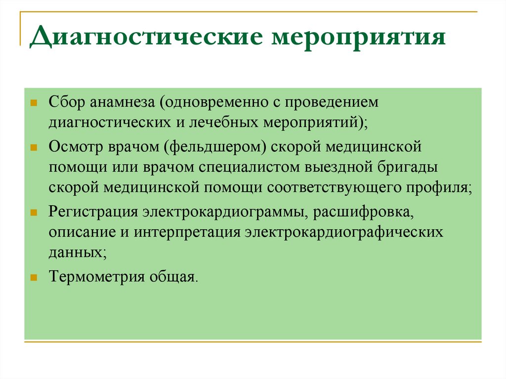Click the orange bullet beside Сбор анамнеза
click(34, 103)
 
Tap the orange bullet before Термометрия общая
click(34, 277)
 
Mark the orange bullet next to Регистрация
click(34, 212)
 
